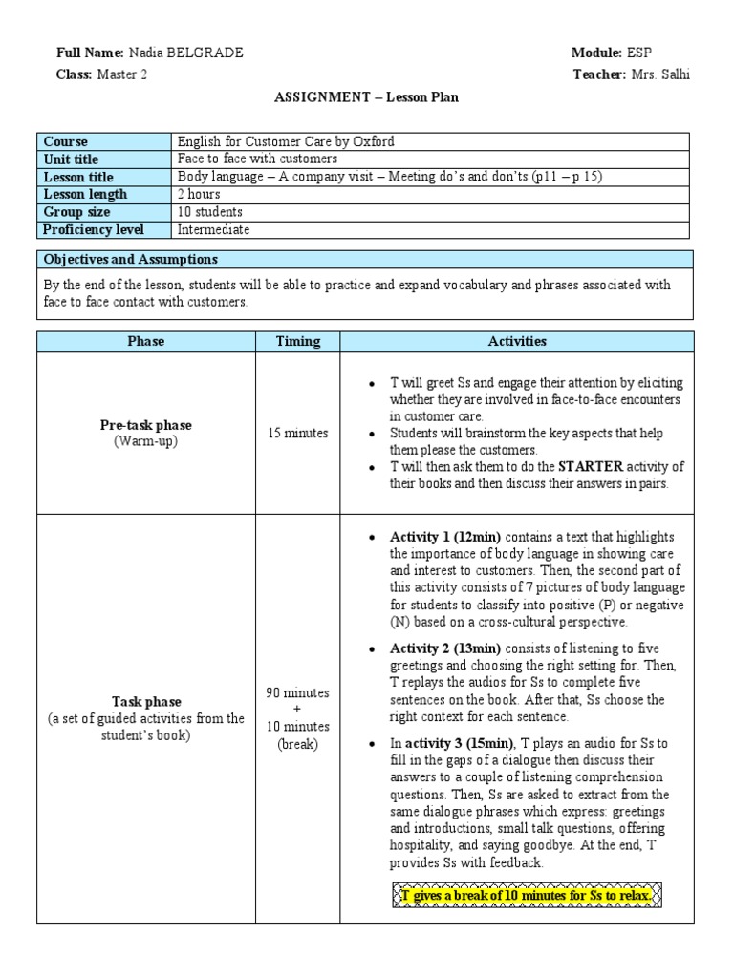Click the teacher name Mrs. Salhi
(660, 74)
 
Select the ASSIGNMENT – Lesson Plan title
(367, 97)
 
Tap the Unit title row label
(71, 159)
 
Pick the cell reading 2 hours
(200, 194)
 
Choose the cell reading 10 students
(210, 211)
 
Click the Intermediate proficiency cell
(213, 229)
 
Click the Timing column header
(298, 341)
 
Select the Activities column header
(516, 341)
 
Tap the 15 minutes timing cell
(298, 433)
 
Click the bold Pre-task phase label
(145, 425)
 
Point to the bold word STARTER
(591, 467)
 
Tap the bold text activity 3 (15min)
(459, 743)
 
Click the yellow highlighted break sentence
(527, 896)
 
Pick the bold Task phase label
(145, 701)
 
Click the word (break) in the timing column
(298, 744)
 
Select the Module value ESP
(639, 53)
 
